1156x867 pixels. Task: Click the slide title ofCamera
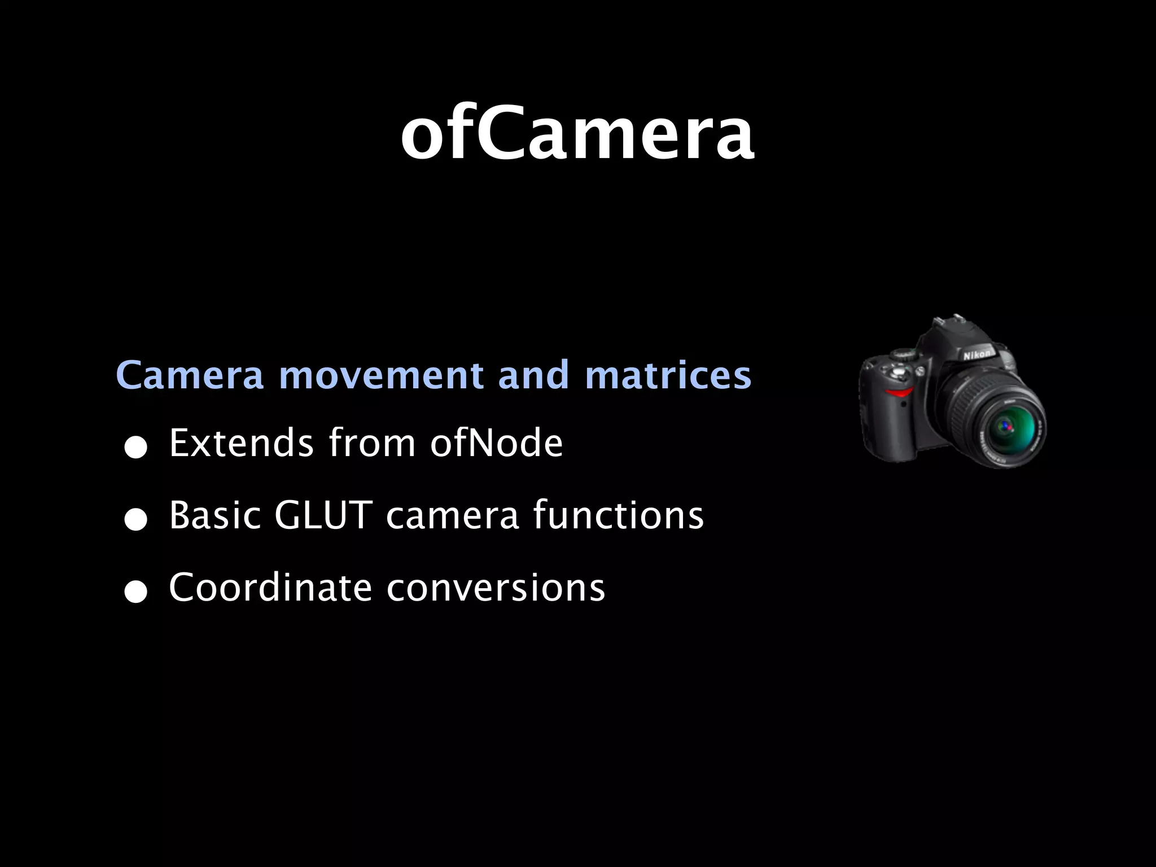point(577,135)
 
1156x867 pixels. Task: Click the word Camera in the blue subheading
point(190,375)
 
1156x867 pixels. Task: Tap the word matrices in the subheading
point(668,375)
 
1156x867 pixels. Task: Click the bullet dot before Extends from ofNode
point(136,449)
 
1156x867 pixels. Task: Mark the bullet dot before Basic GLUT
point(136,521)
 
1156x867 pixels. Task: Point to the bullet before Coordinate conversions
point(136,593)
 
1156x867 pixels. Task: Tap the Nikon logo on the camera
point(977,354)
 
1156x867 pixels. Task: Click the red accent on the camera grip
point(899,392)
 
